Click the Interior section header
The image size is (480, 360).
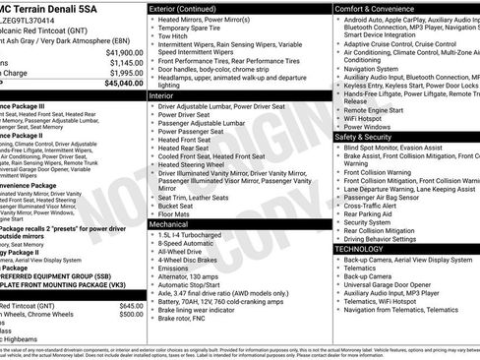(163, 97)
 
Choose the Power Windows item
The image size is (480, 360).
(371, 126)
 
